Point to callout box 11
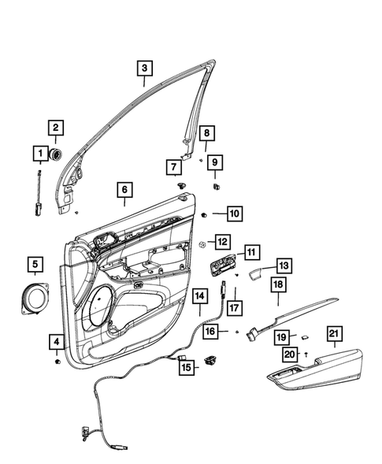pos(250,252)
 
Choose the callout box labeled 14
pos(200,295)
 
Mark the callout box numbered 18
pos(278,284)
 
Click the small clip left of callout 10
pos(203,213)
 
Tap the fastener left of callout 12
pos(202,243)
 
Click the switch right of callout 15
pos(212,362)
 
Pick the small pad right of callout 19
pos(303,338)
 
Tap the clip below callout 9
pos(217,187)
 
